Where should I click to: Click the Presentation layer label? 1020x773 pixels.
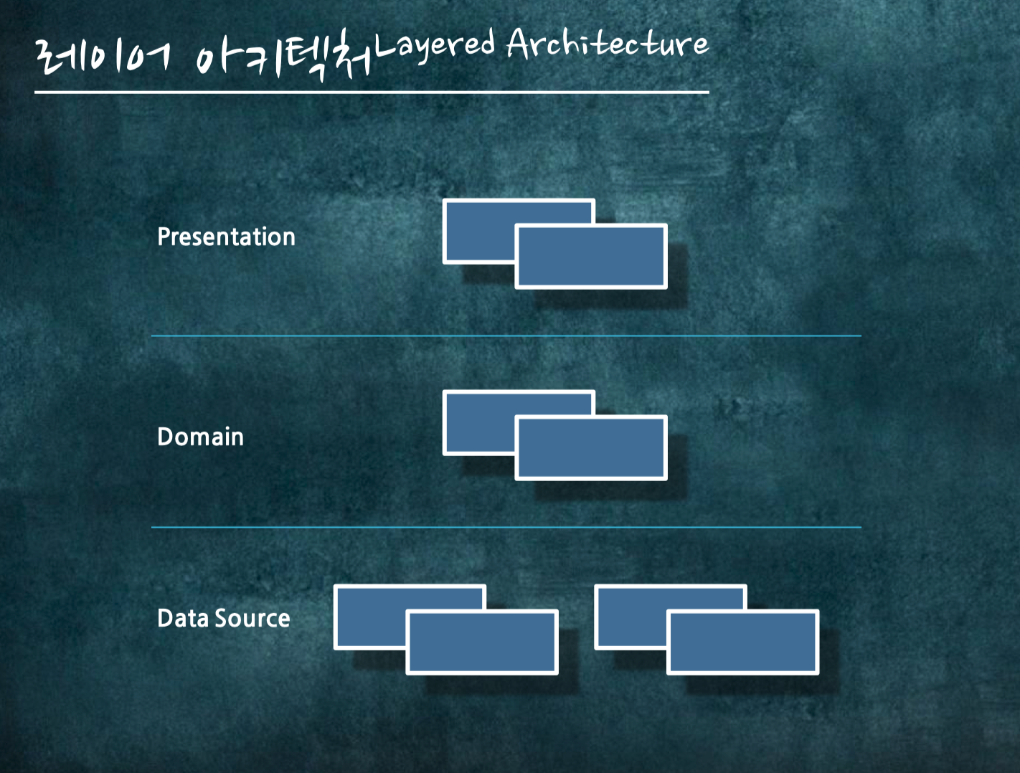[x=226, y=237]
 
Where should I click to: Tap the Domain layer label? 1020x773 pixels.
[x=200, y=437]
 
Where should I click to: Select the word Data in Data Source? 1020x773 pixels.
[x=183, y=618]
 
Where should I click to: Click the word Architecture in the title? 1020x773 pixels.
[x=608, y=44]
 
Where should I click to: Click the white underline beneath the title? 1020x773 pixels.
[x=372, y=93]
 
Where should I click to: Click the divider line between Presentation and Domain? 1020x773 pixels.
[x=506, y=336]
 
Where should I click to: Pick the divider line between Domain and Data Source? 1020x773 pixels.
[x=506, y=527]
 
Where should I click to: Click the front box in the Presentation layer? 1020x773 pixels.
[x=591, y=257]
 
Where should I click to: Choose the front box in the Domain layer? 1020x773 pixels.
[x=591, y=448]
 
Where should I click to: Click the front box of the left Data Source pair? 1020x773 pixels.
[x=482, y=642]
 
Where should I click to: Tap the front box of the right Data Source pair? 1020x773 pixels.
[x=742, y=642]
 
